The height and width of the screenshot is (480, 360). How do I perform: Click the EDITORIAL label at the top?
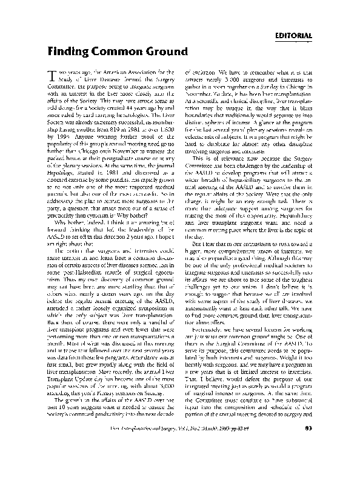point(293,35)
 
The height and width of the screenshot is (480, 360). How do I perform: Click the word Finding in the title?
point(68,51)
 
